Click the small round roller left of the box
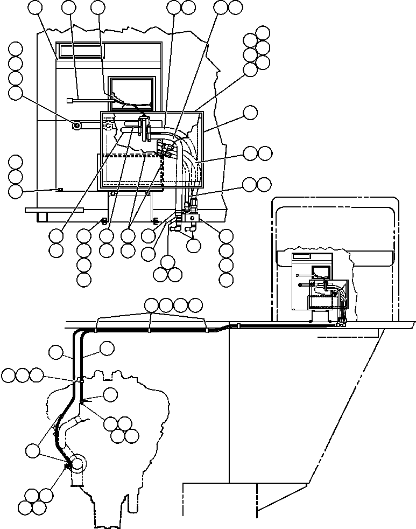(x=77, y=125)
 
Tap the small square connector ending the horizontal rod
(x=69, y=100)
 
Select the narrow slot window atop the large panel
(x=81, y=51)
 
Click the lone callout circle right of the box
(x=250, y=113)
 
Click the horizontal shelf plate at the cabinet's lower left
(x=52, y=210)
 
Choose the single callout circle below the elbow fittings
(x=193, y=246)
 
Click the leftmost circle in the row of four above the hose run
(x=152, y=305)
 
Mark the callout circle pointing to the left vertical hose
(x=56, y=353)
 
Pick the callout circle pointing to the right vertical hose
(x=107, y=349)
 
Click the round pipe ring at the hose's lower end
(x=77, y=463)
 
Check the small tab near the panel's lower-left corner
(x=60, y=189)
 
